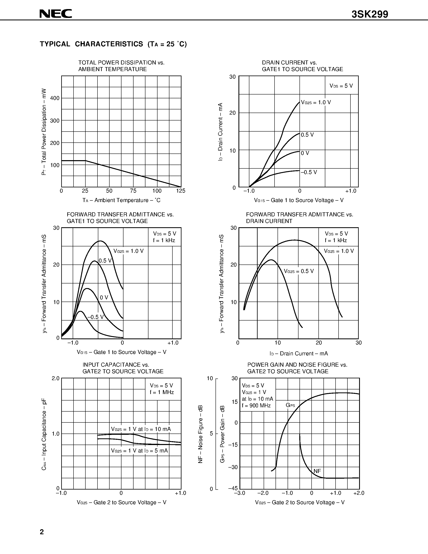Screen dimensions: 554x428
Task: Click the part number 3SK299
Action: tap(370, 15)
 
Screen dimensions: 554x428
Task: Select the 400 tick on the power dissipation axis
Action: tap(55, 98)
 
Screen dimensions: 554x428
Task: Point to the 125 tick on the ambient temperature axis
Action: tap(181, 191)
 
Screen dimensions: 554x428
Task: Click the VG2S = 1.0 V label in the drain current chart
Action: tap(316, 103)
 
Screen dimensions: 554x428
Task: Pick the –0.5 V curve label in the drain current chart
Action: tap(309, 172)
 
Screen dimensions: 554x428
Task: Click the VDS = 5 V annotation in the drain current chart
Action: tap(341, 86)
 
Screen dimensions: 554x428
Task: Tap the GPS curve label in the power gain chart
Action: tap(290, 405)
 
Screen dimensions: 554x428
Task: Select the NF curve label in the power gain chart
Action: tap(317, 471)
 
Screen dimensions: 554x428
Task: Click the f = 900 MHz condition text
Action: tap(256, 405)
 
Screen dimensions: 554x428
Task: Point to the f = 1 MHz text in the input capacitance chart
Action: tap(162, 392)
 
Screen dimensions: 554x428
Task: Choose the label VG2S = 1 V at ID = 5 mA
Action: tap(139, 450)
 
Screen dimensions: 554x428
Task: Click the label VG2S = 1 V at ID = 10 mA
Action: tap(141, 429)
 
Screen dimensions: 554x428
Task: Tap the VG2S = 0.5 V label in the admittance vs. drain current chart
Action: tap(299, 271)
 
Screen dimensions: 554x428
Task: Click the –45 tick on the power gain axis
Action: tap(233, 488)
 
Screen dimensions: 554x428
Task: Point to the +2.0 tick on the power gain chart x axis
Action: tap(359, 493)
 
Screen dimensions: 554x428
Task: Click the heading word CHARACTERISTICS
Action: tap(109, 44)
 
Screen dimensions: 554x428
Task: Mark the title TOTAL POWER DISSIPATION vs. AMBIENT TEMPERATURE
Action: tap(121, 66)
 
